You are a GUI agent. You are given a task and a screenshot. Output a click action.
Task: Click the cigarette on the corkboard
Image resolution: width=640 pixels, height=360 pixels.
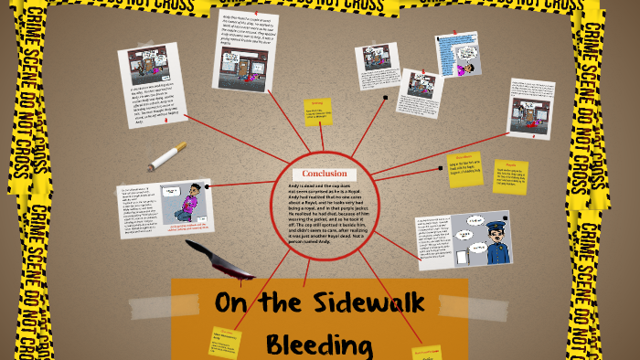click(x=167, y=157)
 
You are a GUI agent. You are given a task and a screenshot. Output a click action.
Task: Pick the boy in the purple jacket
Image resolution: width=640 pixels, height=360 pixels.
click(x=189, y=208)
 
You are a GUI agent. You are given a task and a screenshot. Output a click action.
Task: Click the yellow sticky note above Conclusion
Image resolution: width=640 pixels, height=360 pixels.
click(x=318, y=111)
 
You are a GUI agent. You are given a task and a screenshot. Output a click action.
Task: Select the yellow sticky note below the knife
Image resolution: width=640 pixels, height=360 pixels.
click(x=224, y=343)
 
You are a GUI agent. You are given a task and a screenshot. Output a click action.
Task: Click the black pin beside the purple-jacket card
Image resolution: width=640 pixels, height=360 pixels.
click(x=208, y=186)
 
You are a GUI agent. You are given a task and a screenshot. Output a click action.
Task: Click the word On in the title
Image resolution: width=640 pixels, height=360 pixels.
click(x=235, y=305)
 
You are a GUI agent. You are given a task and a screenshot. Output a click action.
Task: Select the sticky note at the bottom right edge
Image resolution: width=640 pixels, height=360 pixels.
click(x=427, y=352)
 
